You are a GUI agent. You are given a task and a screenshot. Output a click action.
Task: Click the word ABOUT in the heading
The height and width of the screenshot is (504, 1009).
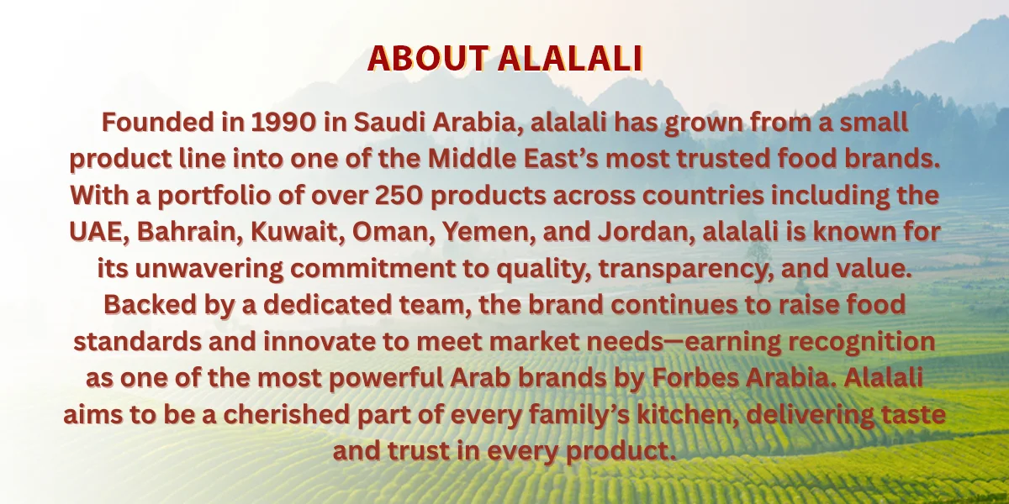[x=428, y=58]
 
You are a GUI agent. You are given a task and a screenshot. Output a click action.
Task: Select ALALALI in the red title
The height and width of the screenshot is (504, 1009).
[x=570, y=58]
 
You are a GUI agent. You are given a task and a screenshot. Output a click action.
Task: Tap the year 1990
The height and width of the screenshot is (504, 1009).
[x=283, y=123]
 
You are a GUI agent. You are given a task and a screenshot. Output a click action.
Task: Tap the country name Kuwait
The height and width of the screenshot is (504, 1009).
[x=298, y=232]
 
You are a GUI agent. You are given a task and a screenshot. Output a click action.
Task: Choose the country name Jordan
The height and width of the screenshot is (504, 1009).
[x=647, y=232]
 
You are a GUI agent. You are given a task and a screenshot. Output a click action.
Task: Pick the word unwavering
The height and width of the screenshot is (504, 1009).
[x=209, y=269]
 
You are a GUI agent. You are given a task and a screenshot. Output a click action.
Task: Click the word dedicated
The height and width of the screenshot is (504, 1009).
[x=328, y=305]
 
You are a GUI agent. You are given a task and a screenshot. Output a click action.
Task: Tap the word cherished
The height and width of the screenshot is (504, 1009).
[x=287, y=414]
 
